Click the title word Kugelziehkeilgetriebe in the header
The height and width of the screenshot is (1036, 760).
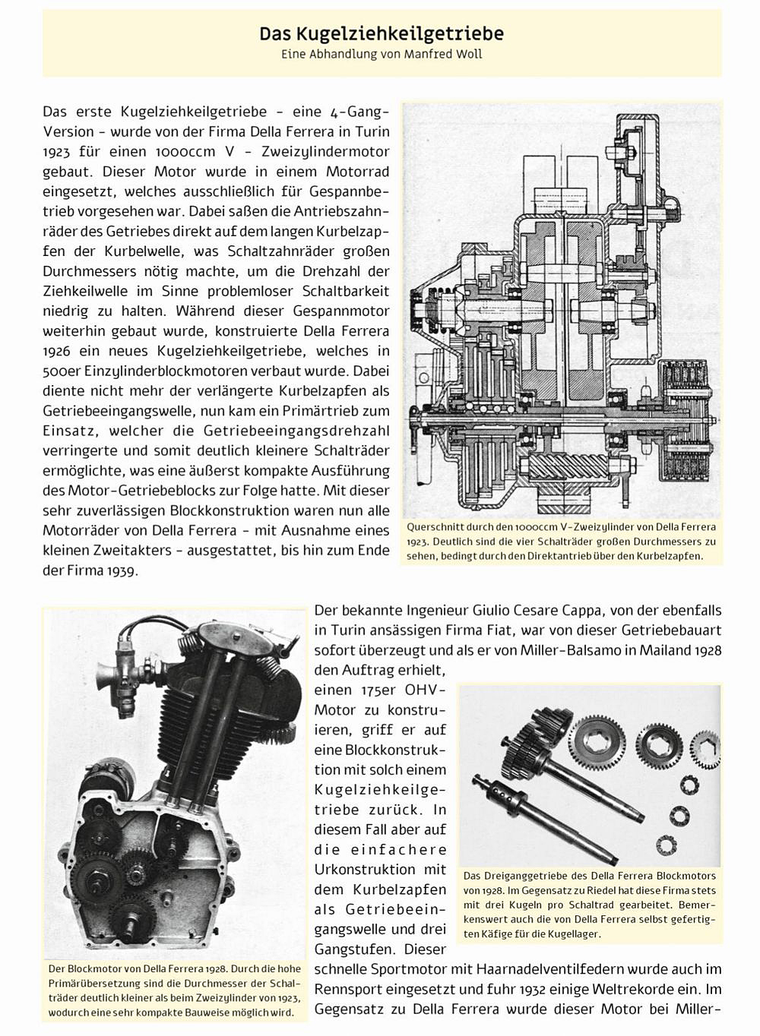coord(402,33)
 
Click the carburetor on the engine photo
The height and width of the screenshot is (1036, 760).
coord(114,668)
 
